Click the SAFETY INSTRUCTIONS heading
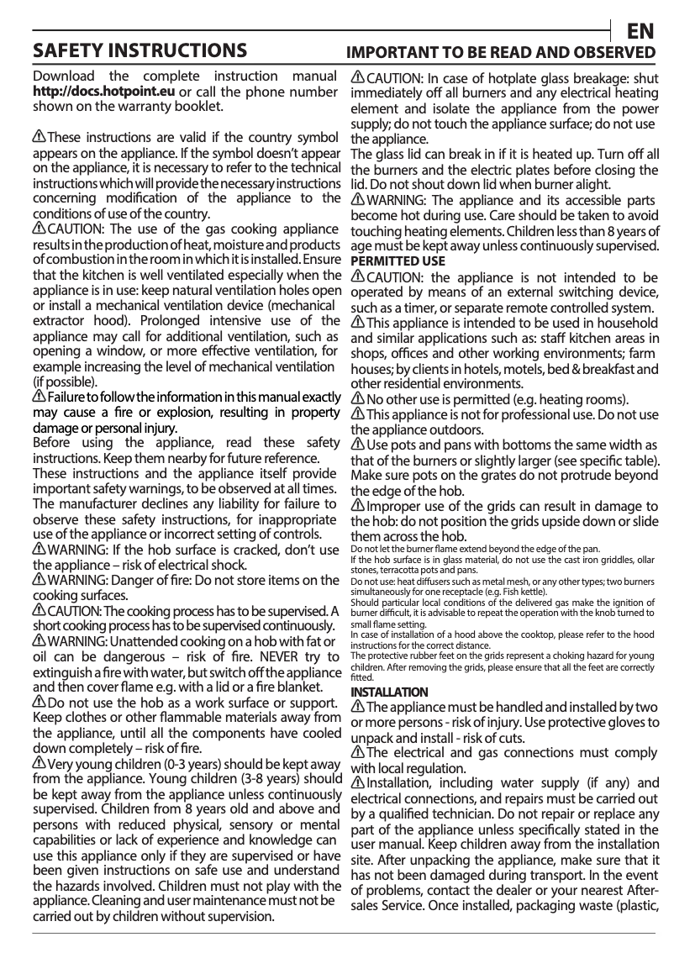tap(140, 51)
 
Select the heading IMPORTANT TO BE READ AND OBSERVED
tap(502, 53)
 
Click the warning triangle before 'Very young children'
tap(39, 762)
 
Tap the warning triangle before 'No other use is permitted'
tap(357, 398)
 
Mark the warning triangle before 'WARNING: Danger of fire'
tap(39, 580)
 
